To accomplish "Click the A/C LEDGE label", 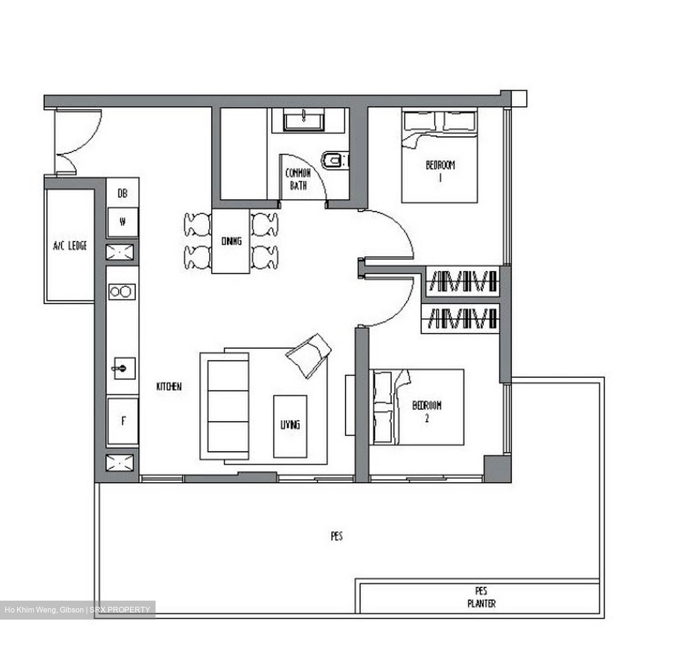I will click(x=70, y=246).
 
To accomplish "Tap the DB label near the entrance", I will click(x=122, y=193).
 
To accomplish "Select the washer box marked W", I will click(x=122, y=222).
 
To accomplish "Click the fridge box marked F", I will click(x=123, y=420).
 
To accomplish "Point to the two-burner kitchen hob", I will click(x=121, y=292).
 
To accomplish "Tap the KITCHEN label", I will click(x=169, y=386).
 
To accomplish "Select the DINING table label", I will click(x=231, y=241).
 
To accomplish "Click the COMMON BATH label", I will click(x=298, y=179).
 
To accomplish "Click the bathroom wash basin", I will click(x=304, y=120).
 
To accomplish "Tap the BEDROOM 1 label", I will click(x=440, y=170).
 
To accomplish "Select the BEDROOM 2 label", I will click(x=427, y=411).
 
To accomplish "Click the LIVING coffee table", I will click(x=290, y=425).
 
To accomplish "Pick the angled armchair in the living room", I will click(x=309, y=355).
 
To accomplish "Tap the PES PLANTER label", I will click(x=481, y=597).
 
